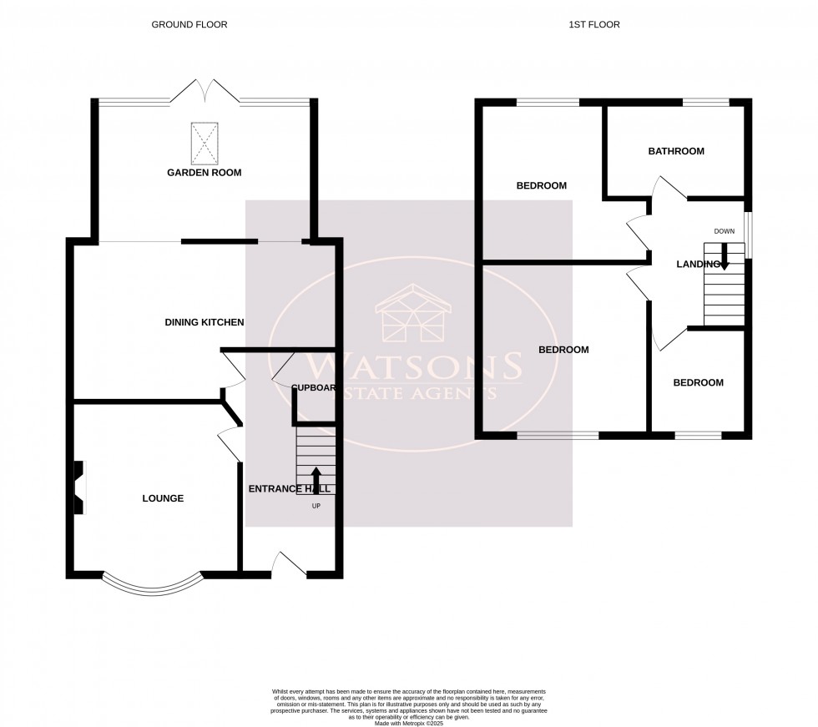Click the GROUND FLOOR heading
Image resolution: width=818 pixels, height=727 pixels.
point(189,25)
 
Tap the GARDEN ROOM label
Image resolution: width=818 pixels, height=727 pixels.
point(204,173)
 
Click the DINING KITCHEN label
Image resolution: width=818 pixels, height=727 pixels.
point(204,322)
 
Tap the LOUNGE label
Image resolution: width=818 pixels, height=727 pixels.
point(163,498)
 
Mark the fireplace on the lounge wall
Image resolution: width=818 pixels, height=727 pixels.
point(78,487)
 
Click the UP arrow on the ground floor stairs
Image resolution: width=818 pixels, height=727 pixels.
point(316,480)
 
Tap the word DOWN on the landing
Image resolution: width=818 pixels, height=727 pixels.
point(724,231)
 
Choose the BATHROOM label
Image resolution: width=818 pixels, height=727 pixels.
point(676,152)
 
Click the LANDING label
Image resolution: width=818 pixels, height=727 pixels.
point(698,265)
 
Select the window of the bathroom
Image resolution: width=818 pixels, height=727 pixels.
point(706,103)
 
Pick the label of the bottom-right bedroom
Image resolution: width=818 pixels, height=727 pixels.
point(699,383)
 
